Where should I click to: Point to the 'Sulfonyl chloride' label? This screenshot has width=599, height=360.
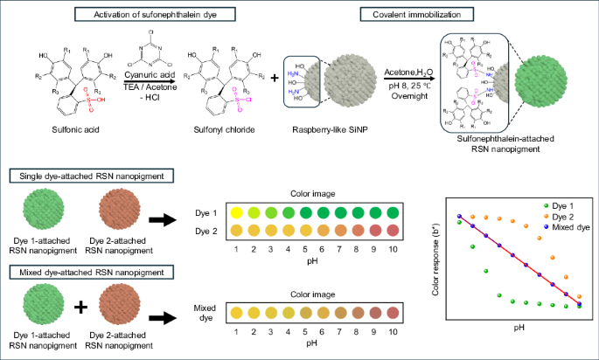click(x=218, y=139)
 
